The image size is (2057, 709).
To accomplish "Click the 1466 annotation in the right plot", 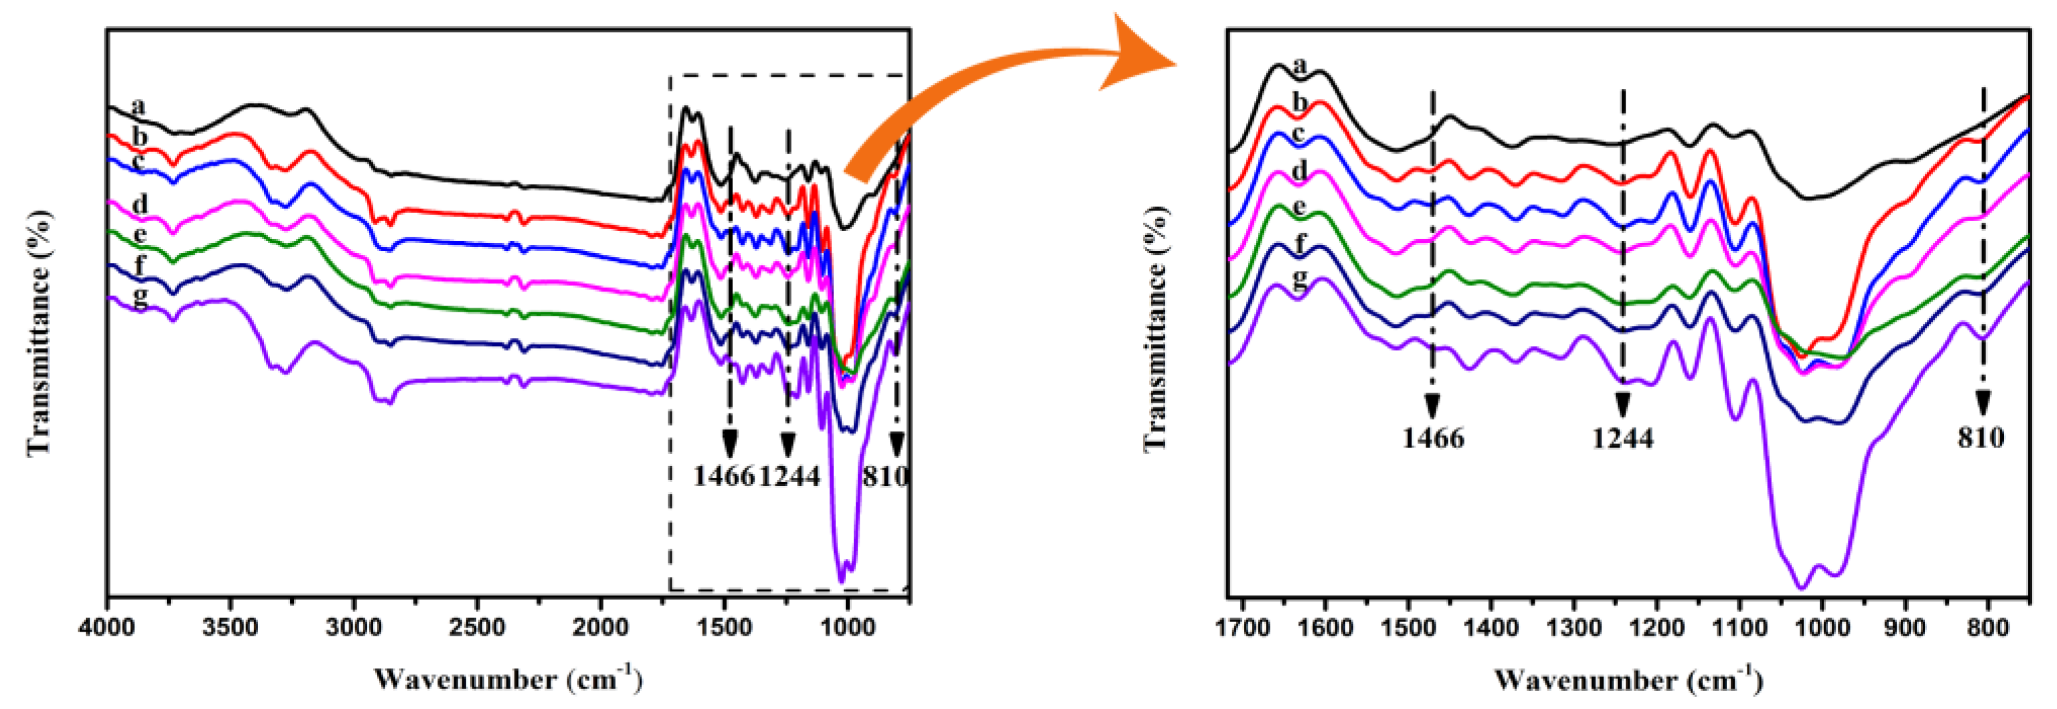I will (x=1433, y=438).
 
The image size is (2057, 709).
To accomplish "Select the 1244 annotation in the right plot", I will (x=1623, y=438).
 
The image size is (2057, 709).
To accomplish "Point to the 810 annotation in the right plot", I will (x=1980, y=438).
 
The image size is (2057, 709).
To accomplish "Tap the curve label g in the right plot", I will (x=1300, y=279).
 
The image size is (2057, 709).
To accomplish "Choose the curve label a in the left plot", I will (x=139, y=106).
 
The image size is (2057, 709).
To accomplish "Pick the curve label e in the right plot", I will (x=1300, y=207).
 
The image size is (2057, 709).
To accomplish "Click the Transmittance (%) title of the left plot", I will (x=38, y=334).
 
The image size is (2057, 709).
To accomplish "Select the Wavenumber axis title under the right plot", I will (x=1629, y=679).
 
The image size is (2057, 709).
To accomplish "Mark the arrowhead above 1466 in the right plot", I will (x=1432, y=405).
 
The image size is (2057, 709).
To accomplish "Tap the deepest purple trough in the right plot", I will (x=1801, y=587).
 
